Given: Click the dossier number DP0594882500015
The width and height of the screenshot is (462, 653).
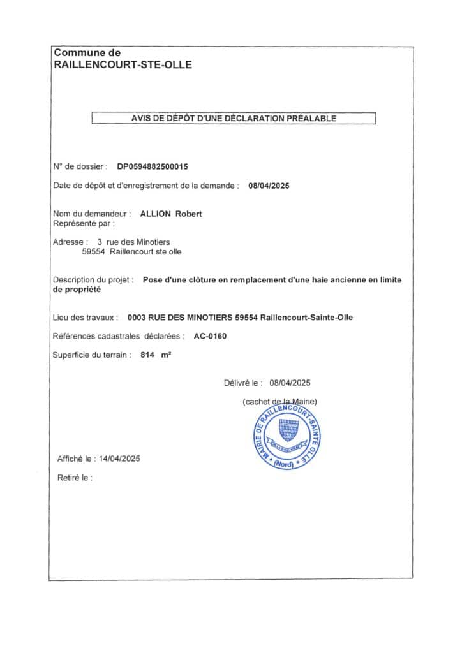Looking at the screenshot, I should [x=153, y=166].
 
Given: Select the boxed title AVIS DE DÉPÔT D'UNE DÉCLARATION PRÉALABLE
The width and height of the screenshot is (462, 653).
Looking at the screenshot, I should [x=234, y=118].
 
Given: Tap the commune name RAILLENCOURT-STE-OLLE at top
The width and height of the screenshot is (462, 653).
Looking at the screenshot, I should [x=123, y=64].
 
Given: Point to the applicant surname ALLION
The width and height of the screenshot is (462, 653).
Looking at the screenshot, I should [x=156, y=214].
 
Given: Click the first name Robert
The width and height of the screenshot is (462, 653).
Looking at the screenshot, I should [x=189, y=214].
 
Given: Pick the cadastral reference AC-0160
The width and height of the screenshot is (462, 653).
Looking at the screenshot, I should [x=211, y=336].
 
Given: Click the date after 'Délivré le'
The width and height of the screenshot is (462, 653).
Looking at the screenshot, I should [x=290, y=383].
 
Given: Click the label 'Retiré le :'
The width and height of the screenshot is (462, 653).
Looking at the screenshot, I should [x=75, y=477].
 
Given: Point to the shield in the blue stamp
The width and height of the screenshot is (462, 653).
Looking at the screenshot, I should [x=289, y=431].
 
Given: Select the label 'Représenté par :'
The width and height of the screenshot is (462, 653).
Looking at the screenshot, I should [x=84, y=224].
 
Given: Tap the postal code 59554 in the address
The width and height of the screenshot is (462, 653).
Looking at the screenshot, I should [x=94, y=252].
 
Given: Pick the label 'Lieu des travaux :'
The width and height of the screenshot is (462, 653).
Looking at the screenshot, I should [x=86, y=317].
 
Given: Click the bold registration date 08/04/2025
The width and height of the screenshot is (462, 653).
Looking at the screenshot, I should [x=269, y=186].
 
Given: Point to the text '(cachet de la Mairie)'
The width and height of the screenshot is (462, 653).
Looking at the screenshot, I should [x=279, y=401].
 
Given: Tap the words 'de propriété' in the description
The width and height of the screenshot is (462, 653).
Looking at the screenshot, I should [x=76, y=290].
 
